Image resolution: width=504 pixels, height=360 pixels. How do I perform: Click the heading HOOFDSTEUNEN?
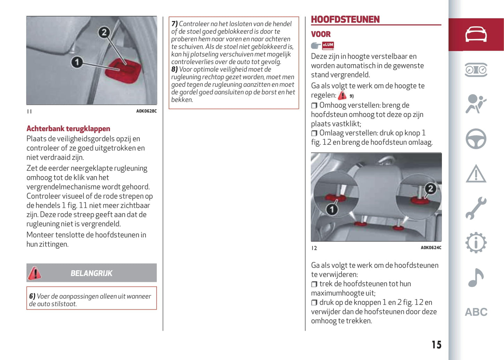tap(345, 20)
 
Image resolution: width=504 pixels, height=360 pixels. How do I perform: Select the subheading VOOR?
tap(321, 34)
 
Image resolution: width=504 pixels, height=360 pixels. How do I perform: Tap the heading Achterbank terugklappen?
tap(68, 129)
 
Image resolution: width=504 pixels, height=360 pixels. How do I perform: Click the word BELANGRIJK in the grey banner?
tap(91, 273)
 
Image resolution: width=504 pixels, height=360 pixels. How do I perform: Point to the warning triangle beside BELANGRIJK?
tap(35, 273)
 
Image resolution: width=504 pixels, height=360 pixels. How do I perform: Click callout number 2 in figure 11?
tap(104, 32)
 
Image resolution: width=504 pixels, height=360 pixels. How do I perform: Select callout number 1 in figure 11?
tap(77, 62)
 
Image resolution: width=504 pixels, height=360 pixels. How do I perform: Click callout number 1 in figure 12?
tap(332, 209)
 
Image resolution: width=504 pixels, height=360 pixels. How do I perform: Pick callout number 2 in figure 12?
tap(430, 189)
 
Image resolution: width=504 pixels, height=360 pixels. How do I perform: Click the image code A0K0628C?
tap(146, 111)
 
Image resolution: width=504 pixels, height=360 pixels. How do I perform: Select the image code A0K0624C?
tap(431, 248)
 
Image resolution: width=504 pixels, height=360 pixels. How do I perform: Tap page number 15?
tap(436, 345)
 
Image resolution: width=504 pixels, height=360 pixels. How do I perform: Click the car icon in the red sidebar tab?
tap(476, 34)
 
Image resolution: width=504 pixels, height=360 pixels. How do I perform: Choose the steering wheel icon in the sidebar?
tap(476, 139)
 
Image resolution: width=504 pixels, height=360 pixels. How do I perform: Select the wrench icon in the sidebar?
tap(476, 208)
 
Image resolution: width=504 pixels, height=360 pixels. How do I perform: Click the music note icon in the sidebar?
tap(476, 278)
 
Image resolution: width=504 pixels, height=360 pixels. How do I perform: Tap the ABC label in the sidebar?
tap(476, 312)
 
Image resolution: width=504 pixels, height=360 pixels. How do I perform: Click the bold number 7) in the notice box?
tap(174, 24)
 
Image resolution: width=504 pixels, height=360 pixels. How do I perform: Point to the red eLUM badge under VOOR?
tap(328, 45)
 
